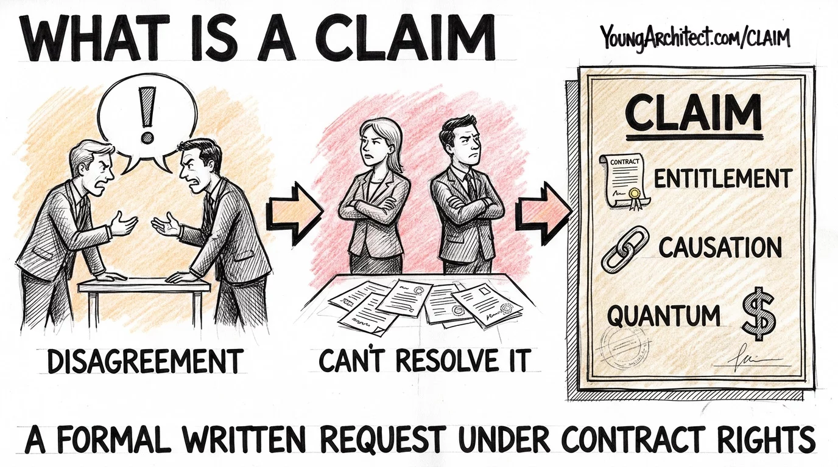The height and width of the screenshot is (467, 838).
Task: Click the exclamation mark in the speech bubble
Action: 147,115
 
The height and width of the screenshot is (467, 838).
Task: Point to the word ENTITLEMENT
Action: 722,179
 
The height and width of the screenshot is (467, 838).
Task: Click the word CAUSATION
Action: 720,247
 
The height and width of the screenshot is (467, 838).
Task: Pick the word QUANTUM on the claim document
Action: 663,315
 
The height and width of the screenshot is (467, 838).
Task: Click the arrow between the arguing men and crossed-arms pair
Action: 294,213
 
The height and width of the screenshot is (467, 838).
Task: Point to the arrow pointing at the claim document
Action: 544,213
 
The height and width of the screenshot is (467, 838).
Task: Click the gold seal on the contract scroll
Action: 634,193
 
